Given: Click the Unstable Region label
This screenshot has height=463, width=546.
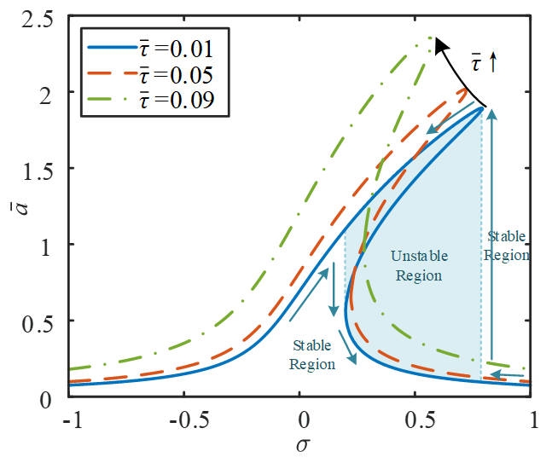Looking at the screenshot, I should coord(416,265).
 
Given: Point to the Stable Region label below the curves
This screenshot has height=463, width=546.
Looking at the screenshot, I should coord(311,355).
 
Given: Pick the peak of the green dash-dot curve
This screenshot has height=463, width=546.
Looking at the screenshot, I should coord(431,38).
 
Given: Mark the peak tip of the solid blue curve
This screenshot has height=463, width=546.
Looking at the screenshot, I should coord(484,107).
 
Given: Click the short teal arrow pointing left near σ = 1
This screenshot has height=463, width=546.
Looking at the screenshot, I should coord(510,374).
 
